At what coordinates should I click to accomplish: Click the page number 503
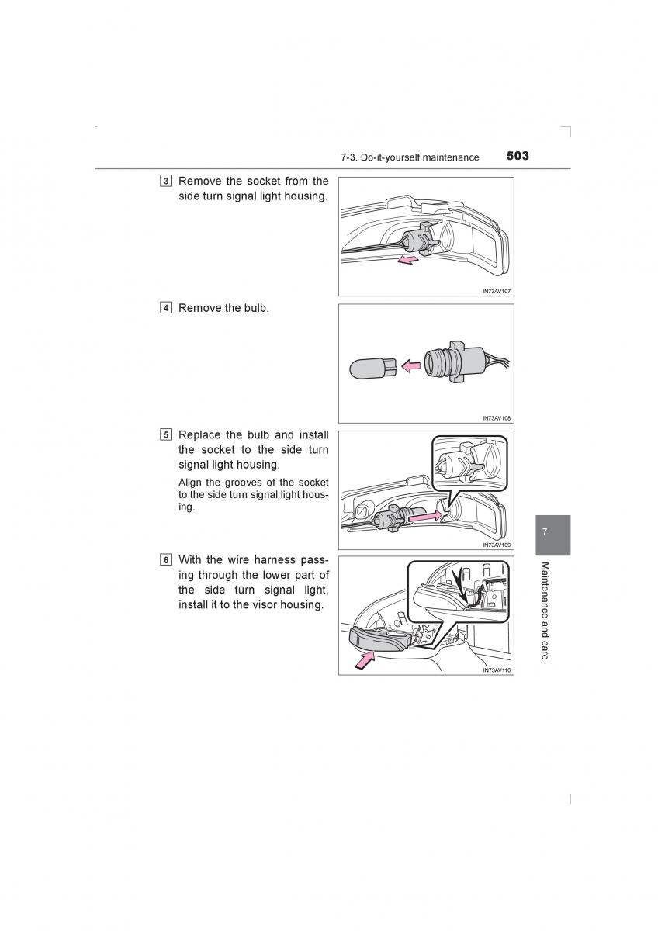[x=518, y=156]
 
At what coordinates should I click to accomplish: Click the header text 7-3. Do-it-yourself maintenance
[x=409, y=157]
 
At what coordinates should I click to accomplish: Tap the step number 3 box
[x=167, y=182]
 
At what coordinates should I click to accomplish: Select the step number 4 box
[x=167, y=308]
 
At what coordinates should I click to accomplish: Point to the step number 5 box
[x=167, y=435]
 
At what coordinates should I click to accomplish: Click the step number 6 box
[x=167, y=559]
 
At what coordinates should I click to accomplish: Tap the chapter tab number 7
[x=545, y=532]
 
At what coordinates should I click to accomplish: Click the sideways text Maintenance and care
[x=545, y=611]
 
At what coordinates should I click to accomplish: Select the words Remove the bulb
[x=223, y=308]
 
